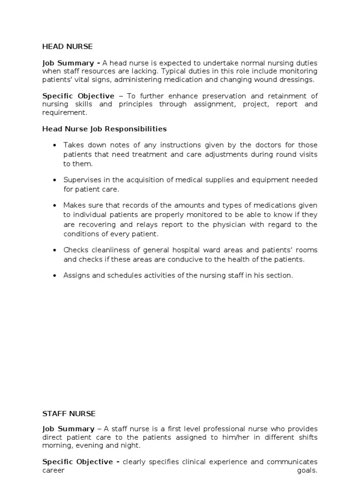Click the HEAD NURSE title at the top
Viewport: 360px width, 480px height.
tap(67, 46)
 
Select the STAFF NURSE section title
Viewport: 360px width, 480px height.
tap(68, 413)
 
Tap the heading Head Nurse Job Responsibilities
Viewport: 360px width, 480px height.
tap(105, 129)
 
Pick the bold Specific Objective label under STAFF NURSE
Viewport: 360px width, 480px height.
tap(78, 462)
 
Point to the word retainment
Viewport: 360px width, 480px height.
tap(280, 96)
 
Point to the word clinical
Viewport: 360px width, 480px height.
tap(197, 462)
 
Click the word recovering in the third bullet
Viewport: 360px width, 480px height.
tap(96, 225)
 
